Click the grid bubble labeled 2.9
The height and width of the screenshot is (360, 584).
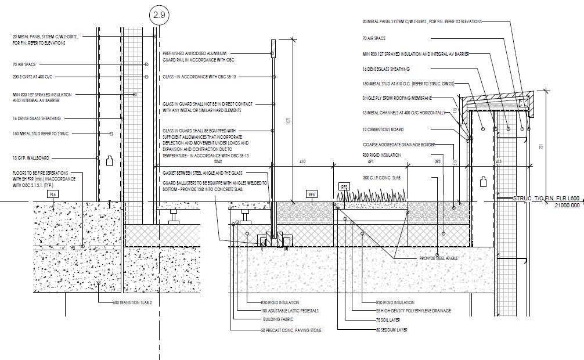(x=159, y=16)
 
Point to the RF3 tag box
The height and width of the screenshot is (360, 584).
(x=344, y=186)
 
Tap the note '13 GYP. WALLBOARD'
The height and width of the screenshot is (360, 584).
(x=31, y=157)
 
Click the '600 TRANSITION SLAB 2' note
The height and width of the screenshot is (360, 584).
(x=132, y=303)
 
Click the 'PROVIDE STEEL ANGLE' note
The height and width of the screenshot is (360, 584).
(x=439, y=258)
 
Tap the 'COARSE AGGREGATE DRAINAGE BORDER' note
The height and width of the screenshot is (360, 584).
(x=398, y=145)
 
